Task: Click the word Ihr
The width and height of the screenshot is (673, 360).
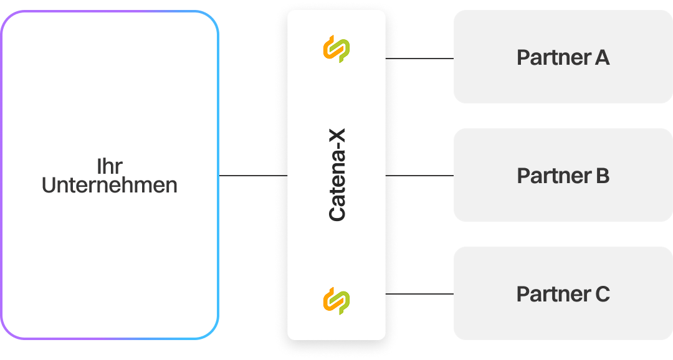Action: pyautogui.click(x=110, y=166)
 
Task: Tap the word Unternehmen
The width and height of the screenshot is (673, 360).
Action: pyautogui.click(x=110, y=185)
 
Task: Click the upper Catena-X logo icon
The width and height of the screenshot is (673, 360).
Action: pyautogui.click(x=336, y=49)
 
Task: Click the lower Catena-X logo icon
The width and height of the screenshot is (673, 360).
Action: pyautogui.click(x=336, y=301)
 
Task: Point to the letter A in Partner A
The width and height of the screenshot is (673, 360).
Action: pyautogui.click(x=601, y=58)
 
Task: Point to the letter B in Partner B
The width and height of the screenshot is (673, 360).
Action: pyautogui.click(x=602, y=176)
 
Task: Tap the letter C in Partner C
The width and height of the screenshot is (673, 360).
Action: pyautogui.click(x=602, y=294)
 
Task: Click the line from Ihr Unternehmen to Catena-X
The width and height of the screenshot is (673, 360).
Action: pyautogui.click(x=252, y=176)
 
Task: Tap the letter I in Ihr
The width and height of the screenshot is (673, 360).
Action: pyautogui.click(x=99, y=166)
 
